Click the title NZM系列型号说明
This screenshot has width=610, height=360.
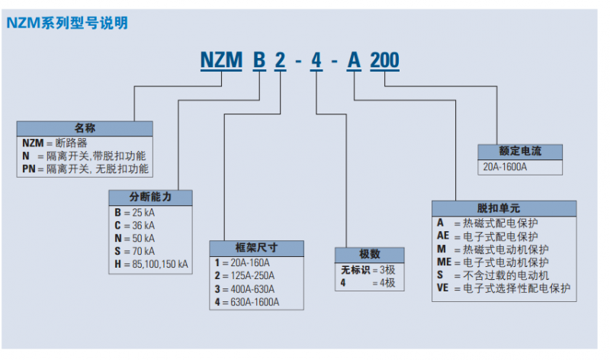point(67,23)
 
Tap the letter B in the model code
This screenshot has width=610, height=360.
point(260,61)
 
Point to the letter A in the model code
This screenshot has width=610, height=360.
point(354,61)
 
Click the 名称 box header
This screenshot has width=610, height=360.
point(85,128)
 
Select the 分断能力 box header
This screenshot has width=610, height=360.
point(150,197)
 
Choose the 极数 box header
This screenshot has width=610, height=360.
point(370,254)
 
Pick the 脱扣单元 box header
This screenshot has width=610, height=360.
point(505,208)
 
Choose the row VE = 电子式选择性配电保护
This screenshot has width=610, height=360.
point(503,288)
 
